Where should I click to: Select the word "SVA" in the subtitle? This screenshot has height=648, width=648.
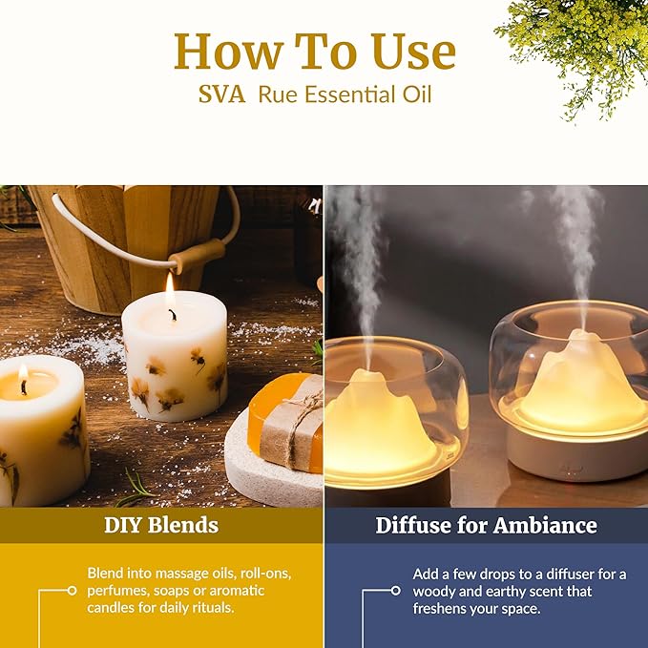click(221, 96)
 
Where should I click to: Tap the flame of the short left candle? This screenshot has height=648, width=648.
click(23, 372)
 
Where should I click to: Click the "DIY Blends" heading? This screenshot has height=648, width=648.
click(161, 525)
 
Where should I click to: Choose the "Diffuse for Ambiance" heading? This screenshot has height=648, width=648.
click(486, 525)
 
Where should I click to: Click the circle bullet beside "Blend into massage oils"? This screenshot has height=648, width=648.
click(72, 591)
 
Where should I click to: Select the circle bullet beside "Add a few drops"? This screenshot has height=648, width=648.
click(396, 591)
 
